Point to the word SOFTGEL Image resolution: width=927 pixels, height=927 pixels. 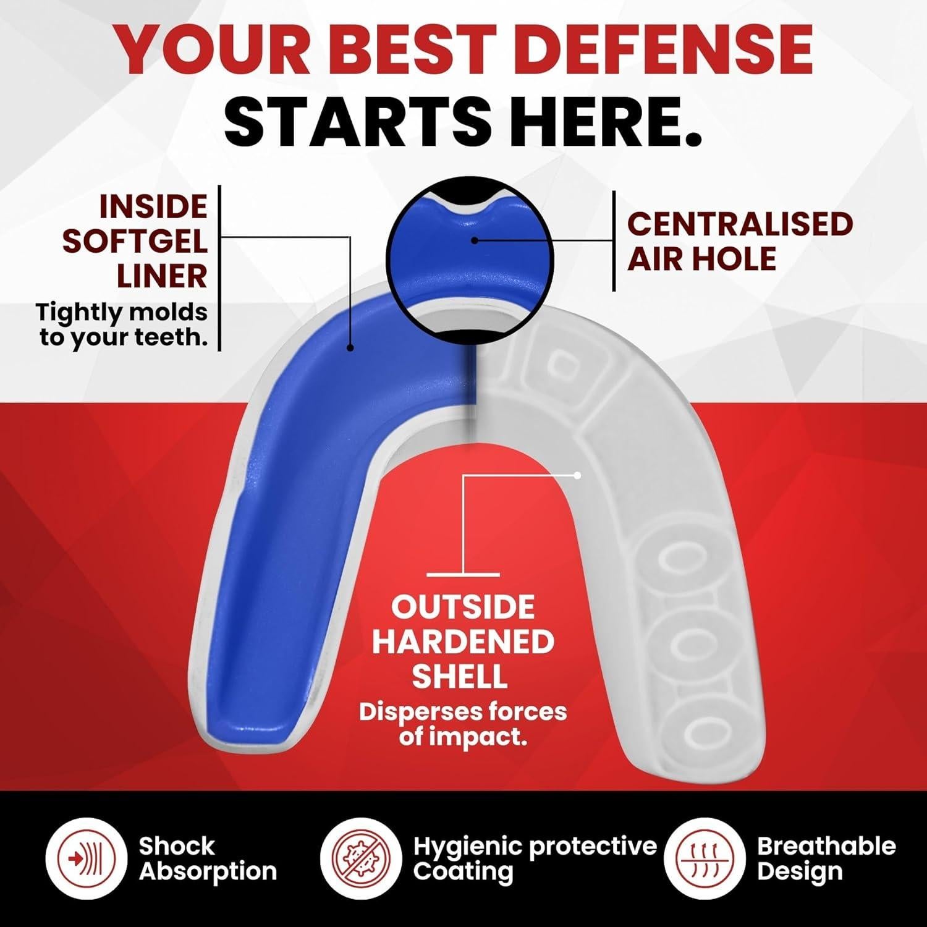tap(135, 242)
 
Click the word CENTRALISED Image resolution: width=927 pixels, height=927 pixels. tap(740, 224)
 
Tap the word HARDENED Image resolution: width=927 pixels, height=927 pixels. tap(463, 643)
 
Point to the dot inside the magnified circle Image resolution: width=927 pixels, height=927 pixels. tap(474, 239)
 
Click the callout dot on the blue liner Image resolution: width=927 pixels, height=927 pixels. tap(350, 348)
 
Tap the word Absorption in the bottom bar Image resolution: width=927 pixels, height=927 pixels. tap(208, 872)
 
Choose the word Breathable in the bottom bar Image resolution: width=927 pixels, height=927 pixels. tap(826, 845)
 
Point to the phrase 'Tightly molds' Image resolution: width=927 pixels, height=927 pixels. tap(122, 312)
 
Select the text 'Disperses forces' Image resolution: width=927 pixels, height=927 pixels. tap(463, 711)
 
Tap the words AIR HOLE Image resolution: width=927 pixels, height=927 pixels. tap(702, 258)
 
